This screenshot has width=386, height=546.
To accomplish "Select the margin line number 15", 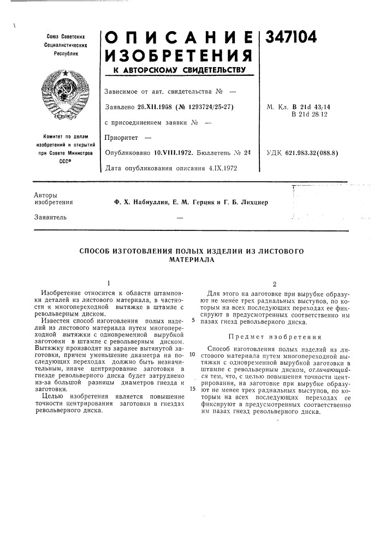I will tap(193, 389).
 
